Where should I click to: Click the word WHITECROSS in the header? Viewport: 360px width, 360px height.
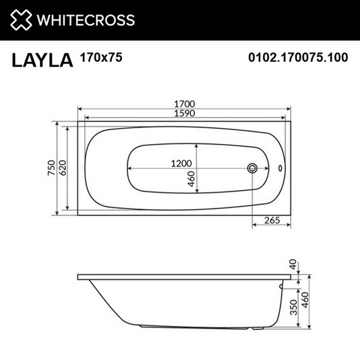pos(86,20)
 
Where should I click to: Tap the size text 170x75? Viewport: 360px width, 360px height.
pos(101,57)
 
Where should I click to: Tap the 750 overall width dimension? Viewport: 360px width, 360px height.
pos(51,169)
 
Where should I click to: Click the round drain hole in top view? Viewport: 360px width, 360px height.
pos(253,169)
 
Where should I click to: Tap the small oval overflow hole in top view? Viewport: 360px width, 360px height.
pos(280,169)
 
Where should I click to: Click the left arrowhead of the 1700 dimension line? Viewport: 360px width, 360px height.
pos(80,108)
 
